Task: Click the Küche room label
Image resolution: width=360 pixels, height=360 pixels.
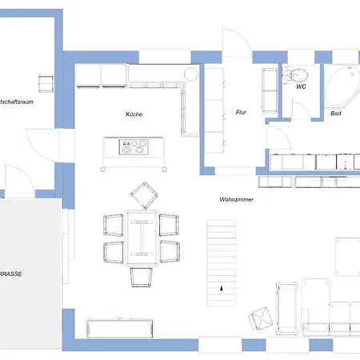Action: point(134,114)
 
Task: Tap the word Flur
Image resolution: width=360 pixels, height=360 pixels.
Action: point(240,112)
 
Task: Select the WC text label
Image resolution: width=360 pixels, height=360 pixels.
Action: point(301,86)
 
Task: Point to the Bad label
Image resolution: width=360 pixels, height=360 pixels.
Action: point(336,114)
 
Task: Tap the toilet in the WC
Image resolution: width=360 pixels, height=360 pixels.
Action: point(290,74)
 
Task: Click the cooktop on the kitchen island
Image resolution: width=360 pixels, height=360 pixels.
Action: point(133,147)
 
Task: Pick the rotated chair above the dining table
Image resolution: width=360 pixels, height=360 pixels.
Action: point(142,194)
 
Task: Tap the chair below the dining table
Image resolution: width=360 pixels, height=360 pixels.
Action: point(142,276)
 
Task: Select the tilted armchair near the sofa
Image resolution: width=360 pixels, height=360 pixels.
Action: point(261,318)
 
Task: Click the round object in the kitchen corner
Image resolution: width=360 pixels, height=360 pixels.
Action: point(192,74)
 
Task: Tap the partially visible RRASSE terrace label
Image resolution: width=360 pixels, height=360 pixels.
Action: point(11,273)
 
